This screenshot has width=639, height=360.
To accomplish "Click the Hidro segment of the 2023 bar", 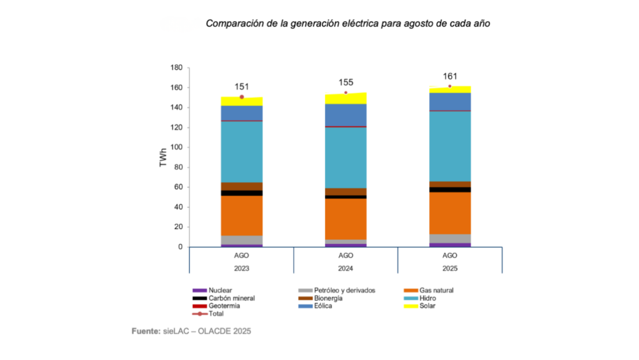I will [x=241, y=152].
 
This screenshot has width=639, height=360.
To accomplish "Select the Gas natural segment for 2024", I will [x=346, y=219].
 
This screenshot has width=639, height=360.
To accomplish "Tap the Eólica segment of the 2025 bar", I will [x=450, y=101].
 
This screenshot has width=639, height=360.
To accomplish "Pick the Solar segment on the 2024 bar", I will [x=346, y=98].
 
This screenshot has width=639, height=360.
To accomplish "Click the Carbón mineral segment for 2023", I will [x=241, y=193].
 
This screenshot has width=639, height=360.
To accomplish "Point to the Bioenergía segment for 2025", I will [x=450, y=184].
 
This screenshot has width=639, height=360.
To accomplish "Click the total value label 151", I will [x=242, y=87].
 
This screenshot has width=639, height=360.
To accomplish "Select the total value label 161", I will [x=450, y=76].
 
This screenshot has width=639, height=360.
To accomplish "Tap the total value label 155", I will [x=346, y=82].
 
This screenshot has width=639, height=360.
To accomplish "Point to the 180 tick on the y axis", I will [x=176, y=68].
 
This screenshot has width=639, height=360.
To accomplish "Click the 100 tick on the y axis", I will [x=176, y=148].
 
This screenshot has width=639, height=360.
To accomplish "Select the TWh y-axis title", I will [x=163, y=158].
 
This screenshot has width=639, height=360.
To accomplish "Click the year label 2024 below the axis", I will [x=346, y=268].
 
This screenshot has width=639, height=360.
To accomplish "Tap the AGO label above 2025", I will [x=450, y=256].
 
